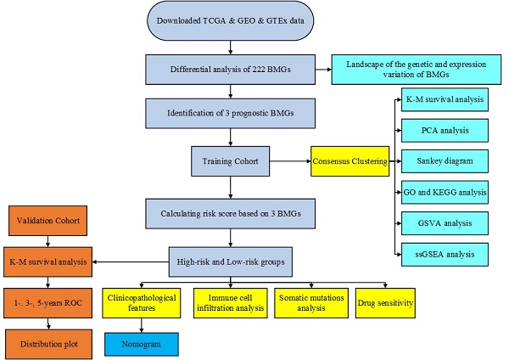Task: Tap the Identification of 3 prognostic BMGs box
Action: point(229,111)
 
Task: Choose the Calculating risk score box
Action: point(229,208)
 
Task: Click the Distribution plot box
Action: point(48,343)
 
